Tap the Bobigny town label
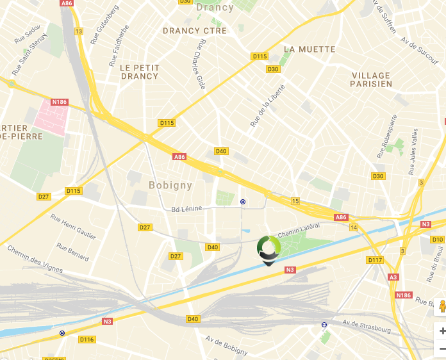170,186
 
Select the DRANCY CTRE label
195,31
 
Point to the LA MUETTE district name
310,49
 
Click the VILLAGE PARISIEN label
371,79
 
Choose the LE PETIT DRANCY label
139,72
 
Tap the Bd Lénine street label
186,208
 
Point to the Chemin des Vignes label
35,258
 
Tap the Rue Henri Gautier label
73,227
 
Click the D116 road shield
87,339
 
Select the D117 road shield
375,260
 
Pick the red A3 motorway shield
393,277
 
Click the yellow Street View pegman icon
442,307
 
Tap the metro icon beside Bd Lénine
243,201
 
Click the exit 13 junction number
79,31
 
